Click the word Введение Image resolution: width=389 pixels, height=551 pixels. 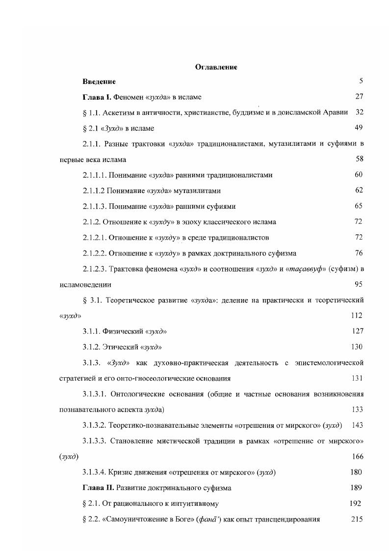pyautogui.click(x=100, y=81)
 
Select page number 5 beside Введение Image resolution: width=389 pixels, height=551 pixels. pyautogui.click(x=361, y=81)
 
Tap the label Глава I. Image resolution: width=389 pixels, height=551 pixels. pyautogui.click(x=98, y=97)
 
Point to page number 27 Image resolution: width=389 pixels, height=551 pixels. pyautogui.click(x=359, y=97)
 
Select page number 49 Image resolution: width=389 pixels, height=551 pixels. pyautogui.click(x=359, y=128)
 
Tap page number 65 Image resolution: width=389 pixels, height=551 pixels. pyautogui.click(x=359, y=206)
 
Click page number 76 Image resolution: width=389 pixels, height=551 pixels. pyautogui.click(x=359, y=253)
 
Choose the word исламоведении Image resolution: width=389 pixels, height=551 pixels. pyautogui.click(x=84, y=284)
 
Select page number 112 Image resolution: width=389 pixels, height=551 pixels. pyautogui.click(x=357, y=315)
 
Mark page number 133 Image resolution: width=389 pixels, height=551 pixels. pyautogui.click(x=357, y=409)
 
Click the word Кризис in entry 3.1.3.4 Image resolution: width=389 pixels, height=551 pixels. pyautogui.click(x=121, y=472)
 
